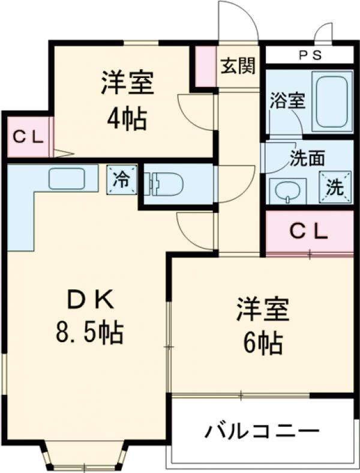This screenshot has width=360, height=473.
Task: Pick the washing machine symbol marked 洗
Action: coord(335,187)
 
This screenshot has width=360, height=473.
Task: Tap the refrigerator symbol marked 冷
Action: coord(121,180)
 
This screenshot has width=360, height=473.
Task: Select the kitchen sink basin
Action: coord(66,178)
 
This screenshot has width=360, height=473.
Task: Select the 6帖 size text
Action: coord(262,343)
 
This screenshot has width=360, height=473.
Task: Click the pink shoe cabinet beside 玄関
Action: coord(206,67)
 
